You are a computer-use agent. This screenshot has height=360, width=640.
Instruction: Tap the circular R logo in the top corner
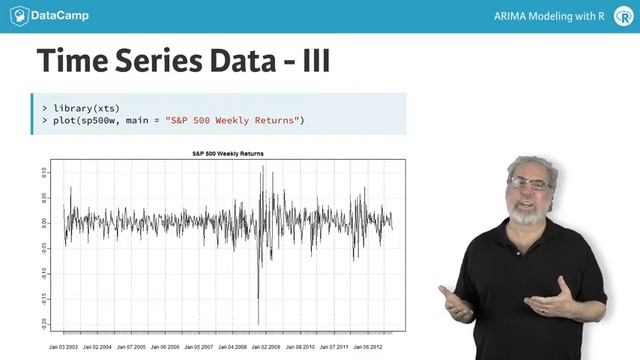point(623,16)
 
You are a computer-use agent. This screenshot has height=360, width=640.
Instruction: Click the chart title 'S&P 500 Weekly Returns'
point(228,153)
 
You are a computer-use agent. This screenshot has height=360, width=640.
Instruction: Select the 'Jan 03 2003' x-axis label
point(66,346)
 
